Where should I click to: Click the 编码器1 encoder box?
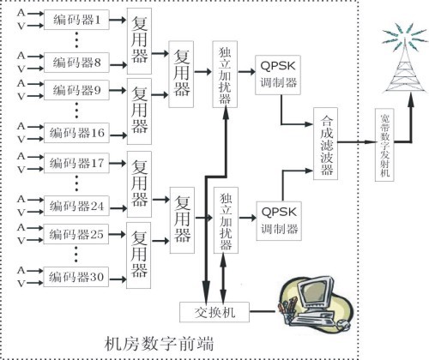tap(78, 19)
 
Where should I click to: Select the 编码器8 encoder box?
tap(78, 61)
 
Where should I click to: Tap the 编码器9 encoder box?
tap(78, 90)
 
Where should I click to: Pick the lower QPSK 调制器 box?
tap(278, 219)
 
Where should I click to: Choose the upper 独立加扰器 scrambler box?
tap(225, 75)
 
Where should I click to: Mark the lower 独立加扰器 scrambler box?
tap(227, 219)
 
